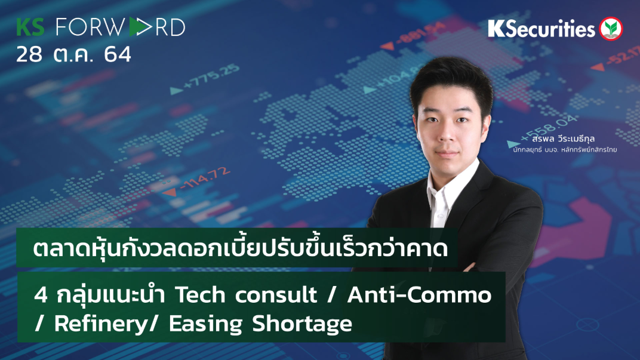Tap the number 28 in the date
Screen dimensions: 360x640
click(x=30, y=55)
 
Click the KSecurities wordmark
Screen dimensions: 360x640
click(x=541, y=29)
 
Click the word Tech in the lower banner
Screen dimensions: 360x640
click(x=192, y=294)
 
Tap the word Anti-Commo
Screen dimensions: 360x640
click(x=418, y=294)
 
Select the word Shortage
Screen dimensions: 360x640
click(x=301, y=324)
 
